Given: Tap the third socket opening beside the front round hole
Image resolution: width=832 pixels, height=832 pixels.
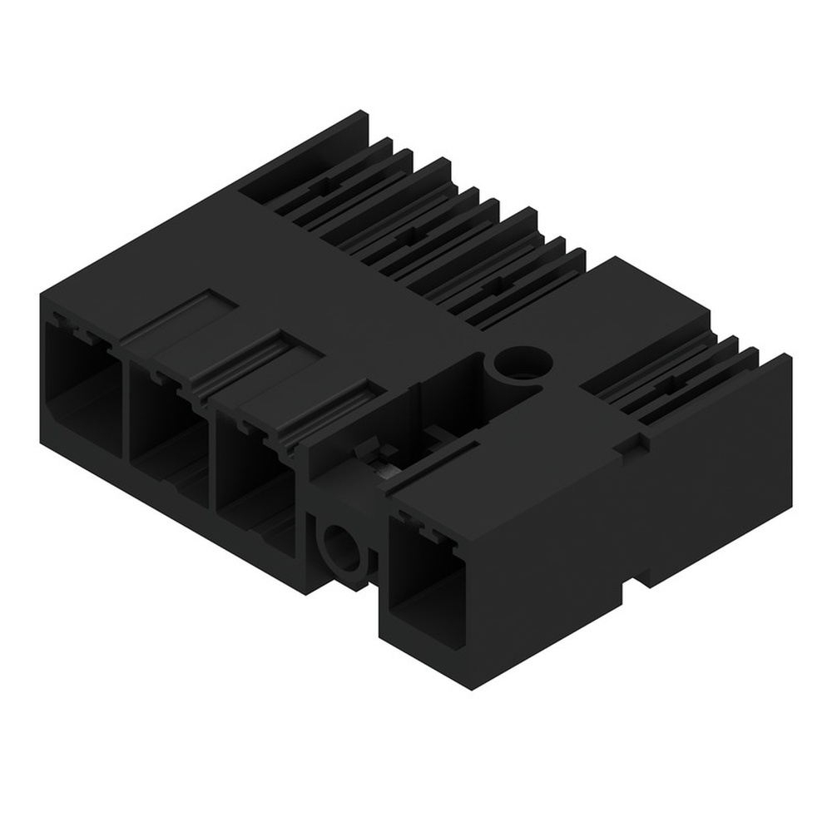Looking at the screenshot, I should pos(254,483).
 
